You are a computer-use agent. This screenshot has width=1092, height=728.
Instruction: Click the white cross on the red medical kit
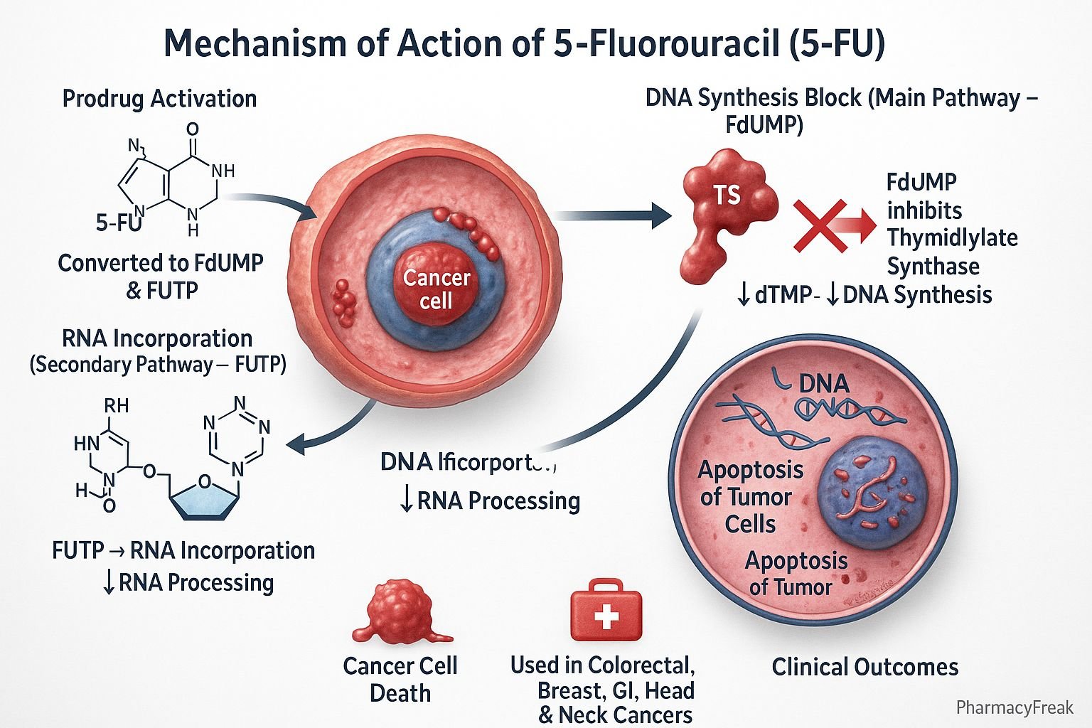click(x=606, y=616)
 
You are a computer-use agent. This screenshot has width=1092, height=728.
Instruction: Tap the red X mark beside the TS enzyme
click(x=820, y=225)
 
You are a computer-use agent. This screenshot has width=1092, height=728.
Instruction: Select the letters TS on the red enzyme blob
click(x=727, y=195)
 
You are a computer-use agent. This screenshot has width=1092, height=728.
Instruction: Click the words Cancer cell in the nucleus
click(x=437, y=289)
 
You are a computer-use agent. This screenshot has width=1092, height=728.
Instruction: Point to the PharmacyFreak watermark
click(x=1015, y=707)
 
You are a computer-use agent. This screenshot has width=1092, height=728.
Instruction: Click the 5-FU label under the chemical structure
click(x=118, y=223)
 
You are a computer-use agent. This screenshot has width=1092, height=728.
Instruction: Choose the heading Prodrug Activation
click(x=159, y=98)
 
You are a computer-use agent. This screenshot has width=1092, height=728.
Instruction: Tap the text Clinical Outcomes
click(x=864, y=667)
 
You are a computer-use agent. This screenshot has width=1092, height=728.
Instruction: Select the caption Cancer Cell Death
click(x=400, y=679)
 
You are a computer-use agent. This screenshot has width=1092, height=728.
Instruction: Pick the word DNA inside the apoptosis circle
click(x=824, y=384)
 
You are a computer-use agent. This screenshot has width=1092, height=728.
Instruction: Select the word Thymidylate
click(x=952, y=238)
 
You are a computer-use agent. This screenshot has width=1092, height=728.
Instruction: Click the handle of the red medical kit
click(x=605, y=586)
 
